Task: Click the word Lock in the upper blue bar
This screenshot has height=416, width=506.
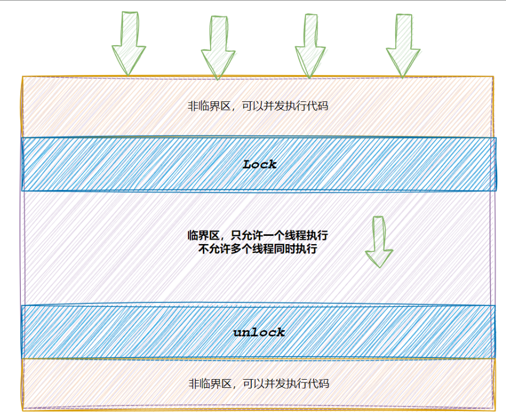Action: pos(260,164)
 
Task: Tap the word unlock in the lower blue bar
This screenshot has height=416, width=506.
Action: pos(259,332)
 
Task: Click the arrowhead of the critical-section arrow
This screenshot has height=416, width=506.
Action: pos(379,258)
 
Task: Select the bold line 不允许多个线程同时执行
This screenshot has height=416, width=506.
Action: pos(258,248)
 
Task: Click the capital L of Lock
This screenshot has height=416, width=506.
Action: pos(247,164)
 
